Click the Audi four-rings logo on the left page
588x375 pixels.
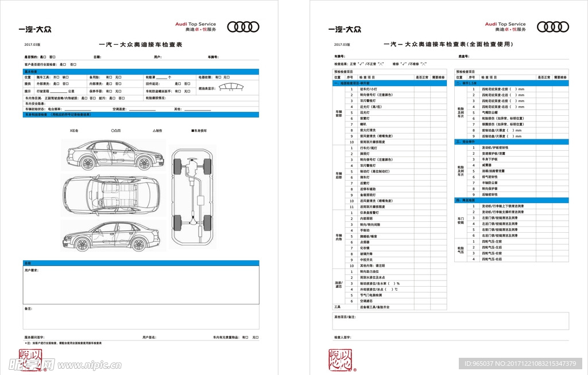pyautogui.click(x=243, y=27)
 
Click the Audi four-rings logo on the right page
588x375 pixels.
pyautogui.click(x=553, y=27)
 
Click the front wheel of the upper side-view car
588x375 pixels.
pyautogui.click(x=88, y=163)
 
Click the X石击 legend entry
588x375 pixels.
pyautogui.click(x=75, y=131)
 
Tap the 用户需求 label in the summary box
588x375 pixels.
pyautogui.click(x=32, y=270)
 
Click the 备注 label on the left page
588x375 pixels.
pyautogui.click(x=28, y=309)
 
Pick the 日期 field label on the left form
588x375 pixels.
pyautogui.click(x=97, y=57)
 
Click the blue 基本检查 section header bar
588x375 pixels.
pyautogui.click(x=141, y=71)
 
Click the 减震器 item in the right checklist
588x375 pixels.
pyautogui.click(x=486, y=165)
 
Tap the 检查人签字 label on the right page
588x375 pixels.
pyautogui.click(x=343, y=338)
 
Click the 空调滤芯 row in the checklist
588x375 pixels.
pyautogui.click(x=366, y=301)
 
